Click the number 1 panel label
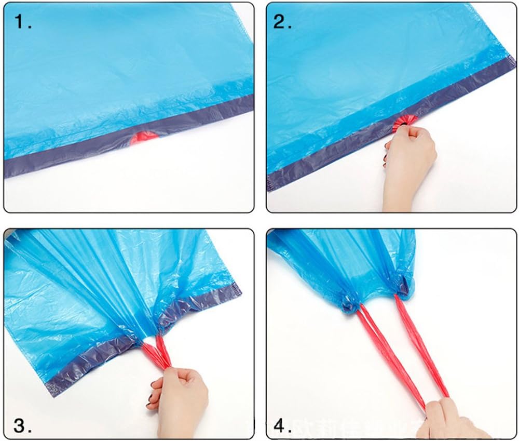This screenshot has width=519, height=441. tap(23, 23)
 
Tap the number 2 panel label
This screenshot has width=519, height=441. tap(283, 23)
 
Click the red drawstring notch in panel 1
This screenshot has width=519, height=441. tap(146, 137)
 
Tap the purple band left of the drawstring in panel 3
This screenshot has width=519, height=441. tap(83, 361)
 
